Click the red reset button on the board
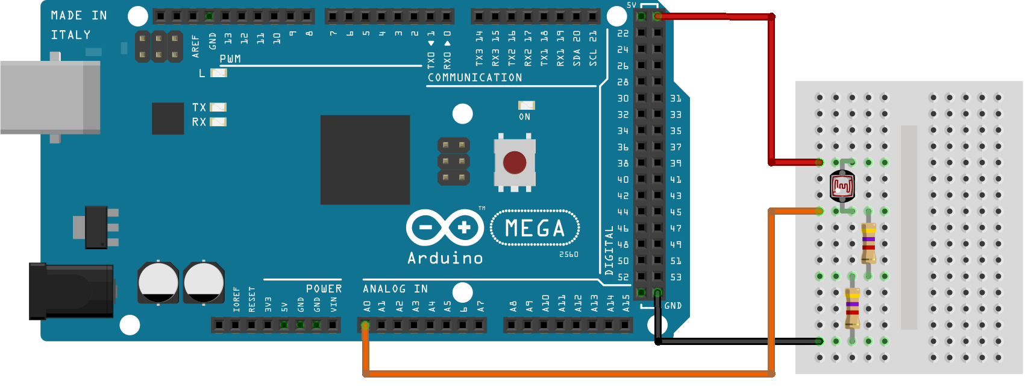point(515,162)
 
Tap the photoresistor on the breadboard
point(842,186)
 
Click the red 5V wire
point(771,90)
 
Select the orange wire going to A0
point(566,374)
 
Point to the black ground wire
point(735,341)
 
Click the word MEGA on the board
point(535,228)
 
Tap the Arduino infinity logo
point(445,228)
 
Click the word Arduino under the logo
point(445,259)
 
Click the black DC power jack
point(71,291)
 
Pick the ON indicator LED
point(526,106)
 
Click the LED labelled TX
point(218,107)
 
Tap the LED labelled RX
point(218,122)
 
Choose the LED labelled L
point(218,73)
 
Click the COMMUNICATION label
point(475,78)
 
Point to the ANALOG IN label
point(395,289)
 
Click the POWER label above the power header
point(324,289)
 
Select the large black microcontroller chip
point(365,160)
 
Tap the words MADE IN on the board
point(79,16)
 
